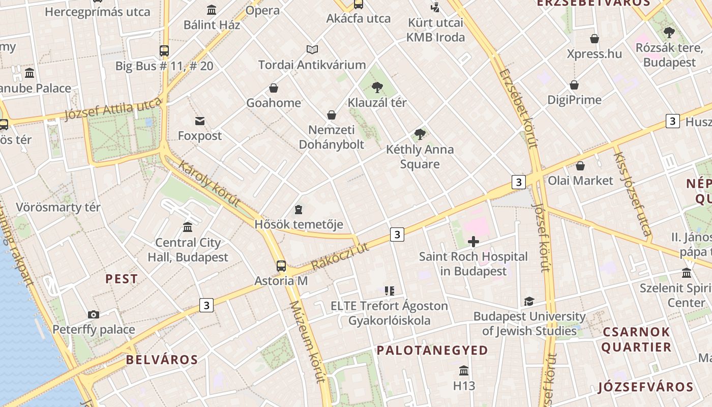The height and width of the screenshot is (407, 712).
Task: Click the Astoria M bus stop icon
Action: tap(281, 266)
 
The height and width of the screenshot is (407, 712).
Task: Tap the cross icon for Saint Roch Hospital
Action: tap(473, 242)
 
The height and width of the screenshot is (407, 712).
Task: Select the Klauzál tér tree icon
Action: tap(377, 88)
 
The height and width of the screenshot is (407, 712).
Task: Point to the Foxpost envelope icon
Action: tap(200, 121)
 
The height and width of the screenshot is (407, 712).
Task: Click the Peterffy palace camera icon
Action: tap(93, 314)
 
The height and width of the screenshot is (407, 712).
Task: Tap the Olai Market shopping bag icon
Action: tap(580, 166)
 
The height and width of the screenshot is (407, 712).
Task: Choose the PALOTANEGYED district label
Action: tap(432, 350)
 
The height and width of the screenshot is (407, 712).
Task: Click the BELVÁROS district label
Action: tap(162, 360)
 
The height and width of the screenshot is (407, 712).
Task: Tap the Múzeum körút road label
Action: tap(307, 341)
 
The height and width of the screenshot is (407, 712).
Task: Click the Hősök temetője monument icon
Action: tap(298, 210)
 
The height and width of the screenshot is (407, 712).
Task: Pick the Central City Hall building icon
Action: tap(188, 226)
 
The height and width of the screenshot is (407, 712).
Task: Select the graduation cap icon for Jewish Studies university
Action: tap(529, 302)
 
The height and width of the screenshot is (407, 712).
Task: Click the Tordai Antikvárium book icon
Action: tap(312, 49)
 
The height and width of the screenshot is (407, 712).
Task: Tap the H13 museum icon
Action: tap(464, 370)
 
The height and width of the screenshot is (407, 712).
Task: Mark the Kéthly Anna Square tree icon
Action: tap(420, 134)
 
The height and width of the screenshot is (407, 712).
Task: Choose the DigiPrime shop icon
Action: tap(574, 85)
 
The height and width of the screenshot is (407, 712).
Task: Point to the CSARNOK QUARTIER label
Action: tap(637, 339)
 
